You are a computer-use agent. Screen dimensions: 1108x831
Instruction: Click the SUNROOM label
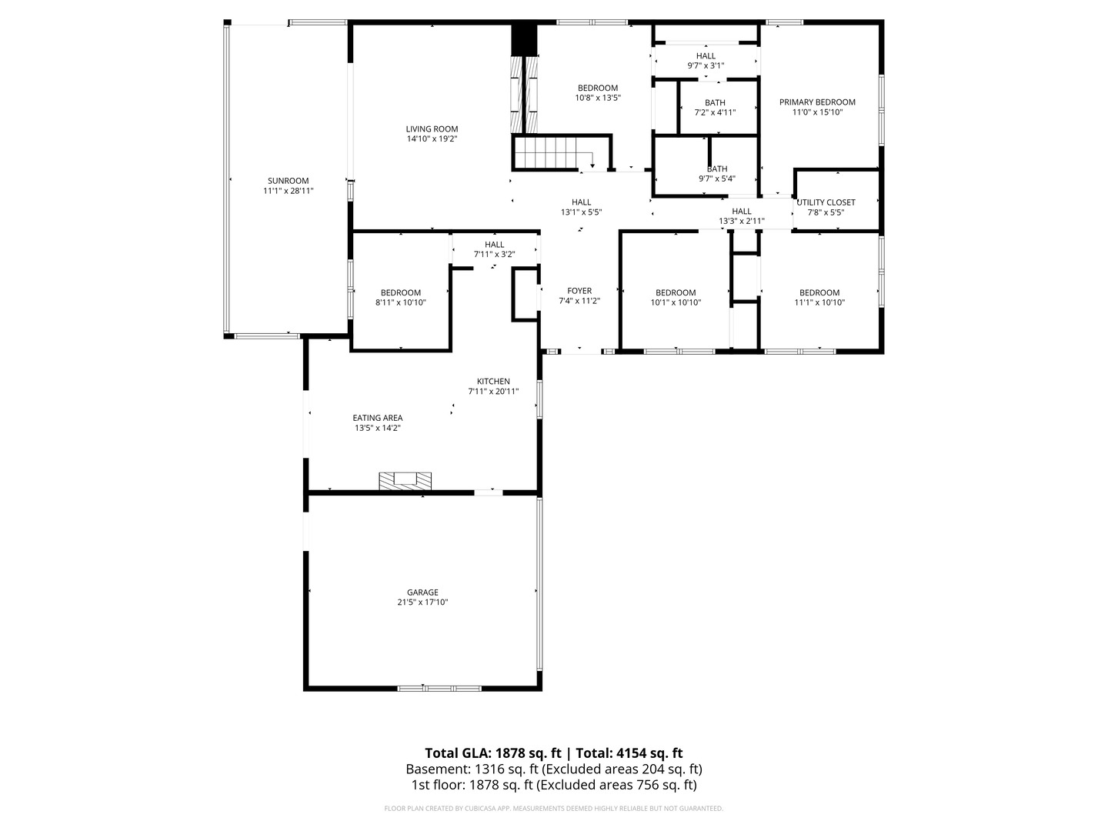288,181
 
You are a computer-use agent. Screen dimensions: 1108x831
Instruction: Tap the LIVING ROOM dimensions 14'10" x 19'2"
432,138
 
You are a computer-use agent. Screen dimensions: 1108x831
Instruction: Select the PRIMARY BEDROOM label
816,102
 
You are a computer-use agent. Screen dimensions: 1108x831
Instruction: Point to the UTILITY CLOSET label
826,202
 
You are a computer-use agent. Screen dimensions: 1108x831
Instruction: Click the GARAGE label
422,592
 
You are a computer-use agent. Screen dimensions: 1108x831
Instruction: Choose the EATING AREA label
378,418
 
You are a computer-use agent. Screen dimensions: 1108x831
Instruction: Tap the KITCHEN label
493,382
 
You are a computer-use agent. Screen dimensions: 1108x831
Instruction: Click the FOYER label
579,291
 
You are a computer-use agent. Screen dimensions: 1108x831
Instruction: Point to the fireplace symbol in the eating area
405,480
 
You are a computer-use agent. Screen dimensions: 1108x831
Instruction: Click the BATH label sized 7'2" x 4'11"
715,102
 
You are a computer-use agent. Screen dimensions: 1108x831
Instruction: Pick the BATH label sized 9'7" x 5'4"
717,169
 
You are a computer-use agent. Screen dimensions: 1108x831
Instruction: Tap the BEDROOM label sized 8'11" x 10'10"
400,292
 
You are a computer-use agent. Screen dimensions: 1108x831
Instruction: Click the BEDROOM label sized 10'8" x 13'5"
598,88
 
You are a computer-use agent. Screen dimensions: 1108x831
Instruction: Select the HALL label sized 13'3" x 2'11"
741,211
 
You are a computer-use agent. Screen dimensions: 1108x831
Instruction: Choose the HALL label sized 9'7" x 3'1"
705,55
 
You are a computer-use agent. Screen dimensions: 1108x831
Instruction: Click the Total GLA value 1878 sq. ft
528,753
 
